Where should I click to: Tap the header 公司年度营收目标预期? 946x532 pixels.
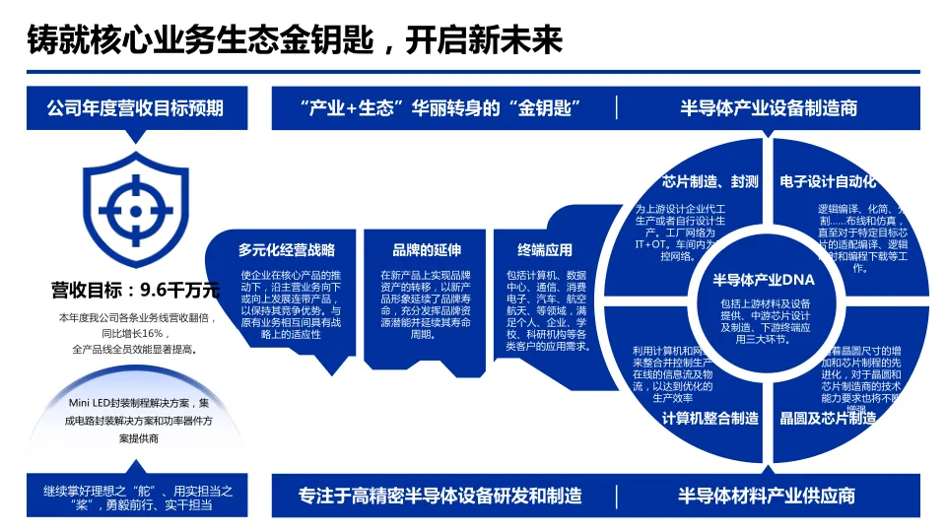135,107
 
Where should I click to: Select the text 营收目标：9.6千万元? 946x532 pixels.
135,290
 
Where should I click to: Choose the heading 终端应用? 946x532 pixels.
544,249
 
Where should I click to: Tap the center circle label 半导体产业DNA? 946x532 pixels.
764,281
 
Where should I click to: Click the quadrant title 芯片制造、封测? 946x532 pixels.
709,181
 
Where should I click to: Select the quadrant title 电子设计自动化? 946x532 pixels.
826,181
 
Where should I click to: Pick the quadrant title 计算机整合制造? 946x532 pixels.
709,418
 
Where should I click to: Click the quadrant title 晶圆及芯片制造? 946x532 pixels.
828,418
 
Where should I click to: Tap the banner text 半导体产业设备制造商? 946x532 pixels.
769,107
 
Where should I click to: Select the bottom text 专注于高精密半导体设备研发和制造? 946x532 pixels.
439,495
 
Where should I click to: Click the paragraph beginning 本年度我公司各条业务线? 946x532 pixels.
135,333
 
